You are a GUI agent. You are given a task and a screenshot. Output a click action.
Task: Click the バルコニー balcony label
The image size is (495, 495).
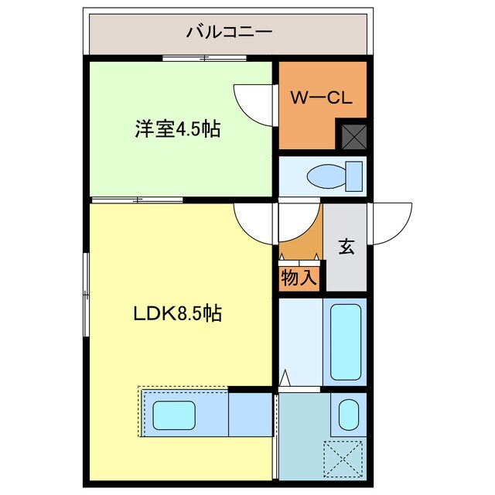[x=229, y=32]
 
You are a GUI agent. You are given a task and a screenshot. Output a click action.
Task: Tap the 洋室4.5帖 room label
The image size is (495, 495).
[x=178, y=129]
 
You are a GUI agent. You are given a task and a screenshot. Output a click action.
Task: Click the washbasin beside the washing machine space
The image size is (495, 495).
[x=347, y=415]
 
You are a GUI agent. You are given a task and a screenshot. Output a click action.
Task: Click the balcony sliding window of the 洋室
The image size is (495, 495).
[x=204, y=58]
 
